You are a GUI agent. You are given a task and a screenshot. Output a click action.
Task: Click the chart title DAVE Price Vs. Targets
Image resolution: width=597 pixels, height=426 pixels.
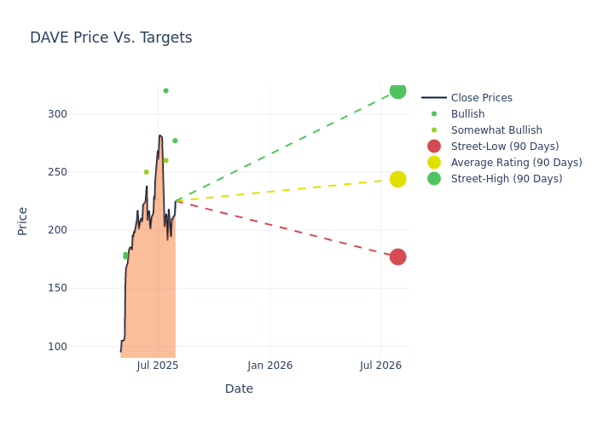click(x=111, y=37)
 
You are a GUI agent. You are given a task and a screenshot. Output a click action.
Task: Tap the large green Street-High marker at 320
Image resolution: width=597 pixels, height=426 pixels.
click(x=397, y=91)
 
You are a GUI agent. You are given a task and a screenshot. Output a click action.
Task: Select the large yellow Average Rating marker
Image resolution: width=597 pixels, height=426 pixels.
click(x=397, y=179)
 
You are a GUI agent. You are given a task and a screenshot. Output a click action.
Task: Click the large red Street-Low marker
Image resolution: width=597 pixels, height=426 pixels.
click(x=397, y=256)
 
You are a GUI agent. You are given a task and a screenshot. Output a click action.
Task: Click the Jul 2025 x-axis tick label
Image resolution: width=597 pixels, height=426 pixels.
click(x=158, y=366)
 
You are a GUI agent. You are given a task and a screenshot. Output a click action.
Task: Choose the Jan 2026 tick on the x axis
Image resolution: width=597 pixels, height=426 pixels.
click(x=270, y=366)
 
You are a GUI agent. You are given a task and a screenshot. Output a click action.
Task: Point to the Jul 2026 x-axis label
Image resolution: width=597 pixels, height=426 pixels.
click(x=380, y=366)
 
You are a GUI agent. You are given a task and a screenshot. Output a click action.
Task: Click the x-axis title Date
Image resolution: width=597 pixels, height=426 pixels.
click(x=239, y=389)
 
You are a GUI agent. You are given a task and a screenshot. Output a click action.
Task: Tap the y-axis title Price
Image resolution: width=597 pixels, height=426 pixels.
click(x=23, y=221)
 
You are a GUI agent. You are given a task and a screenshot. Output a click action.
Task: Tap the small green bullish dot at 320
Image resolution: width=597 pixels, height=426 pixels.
click(x=165, y=91)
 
